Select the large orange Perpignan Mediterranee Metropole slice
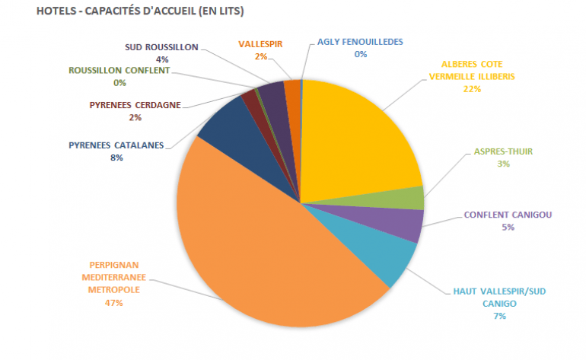point(266,259)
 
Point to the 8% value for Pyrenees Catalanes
point(116,158)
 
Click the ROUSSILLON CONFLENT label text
point(119,71)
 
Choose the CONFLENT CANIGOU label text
point(508,215)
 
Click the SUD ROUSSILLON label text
point(161,46)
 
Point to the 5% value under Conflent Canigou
point(508,227)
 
